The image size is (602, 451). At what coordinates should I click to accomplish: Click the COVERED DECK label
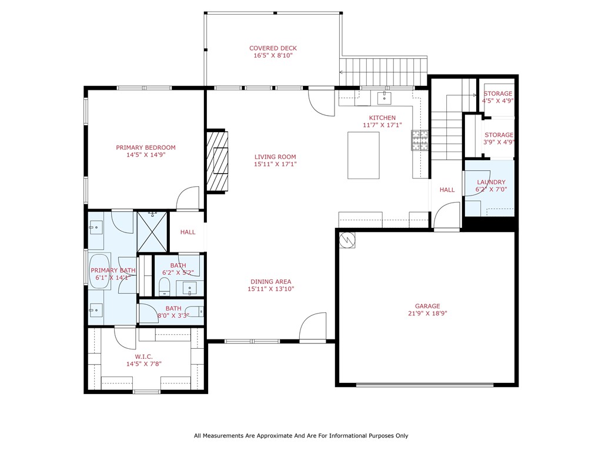click(273, 48)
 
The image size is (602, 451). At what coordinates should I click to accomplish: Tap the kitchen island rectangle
click(363, 155)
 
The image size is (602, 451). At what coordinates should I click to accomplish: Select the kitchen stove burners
click(420, 140)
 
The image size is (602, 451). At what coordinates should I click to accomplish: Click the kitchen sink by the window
click(384, 98)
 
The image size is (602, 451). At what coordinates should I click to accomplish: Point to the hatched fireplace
click(218, 161)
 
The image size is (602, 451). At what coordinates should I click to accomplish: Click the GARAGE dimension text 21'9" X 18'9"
click(427, 314)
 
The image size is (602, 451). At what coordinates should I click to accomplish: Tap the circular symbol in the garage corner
click(347, 240)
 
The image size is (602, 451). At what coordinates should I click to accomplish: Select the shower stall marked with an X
click(152, 231)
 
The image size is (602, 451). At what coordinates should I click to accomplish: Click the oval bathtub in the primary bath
click(100, 271)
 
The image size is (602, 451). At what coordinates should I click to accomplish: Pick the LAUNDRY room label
click(491, 182)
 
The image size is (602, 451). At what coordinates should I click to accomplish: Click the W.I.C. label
click(143, 356)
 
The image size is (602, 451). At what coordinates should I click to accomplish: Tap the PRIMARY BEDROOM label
click(146, 147)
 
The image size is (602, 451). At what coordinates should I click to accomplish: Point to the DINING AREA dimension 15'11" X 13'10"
click(270, 289)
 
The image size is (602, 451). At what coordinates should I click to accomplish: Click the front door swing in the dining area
click(313, 327)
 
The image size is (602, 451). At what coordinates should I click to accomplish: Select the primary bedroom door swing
click(188, 198)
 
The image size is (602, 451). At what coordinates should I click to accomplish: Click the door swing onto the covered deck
click(322, 103)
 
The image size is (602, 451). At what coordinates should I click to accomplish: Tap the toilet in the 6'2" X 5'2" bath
click(165, 287)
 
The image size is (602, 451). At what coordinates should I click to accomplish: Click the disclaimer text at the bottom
click(301, 436)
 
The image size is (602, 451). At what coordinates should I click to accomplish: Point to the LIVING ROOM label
click(275, 157)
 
